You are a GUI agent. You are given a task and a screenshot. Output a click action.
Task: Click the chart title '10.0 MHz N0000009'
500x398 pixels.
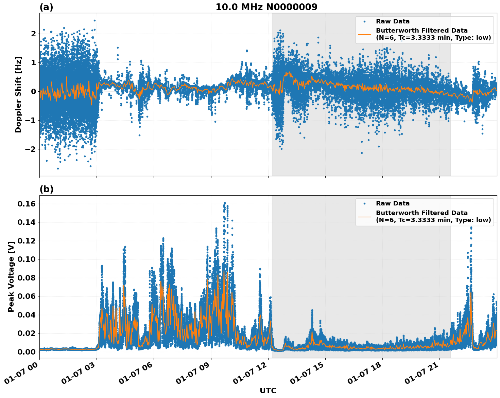(266, 7)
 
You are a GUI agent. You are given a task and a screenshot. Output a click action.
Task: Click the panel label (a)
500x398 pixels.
(46, 7)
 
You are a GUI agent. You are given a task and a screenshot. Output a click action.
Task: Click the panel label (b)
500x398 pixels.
(47, 189)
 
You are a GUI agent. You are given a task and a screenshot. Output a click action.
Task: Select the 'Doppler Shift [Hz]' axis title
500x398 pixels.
(18, 94)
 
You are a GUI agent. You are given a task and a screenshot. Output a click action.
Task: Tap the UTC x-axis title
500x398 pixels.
(268, 391)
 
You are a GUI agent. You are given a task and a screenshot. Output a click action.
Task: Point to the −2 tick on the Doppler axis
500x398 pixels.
(31, 149)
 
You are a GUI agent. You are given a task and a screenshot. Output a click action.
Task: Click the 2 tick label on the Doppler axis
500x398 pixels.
(33, 34)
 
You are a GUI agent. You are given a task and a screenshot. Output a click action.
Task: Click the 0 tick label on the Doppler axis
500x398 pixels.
(33, 92)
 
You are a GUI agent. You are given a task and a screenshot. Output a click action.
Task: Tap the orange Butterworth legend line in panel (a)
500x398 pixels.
(364, 34)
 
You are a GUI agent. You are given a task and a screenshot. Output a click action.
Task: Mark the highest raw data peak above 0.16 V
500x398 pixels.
(225, 203)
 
